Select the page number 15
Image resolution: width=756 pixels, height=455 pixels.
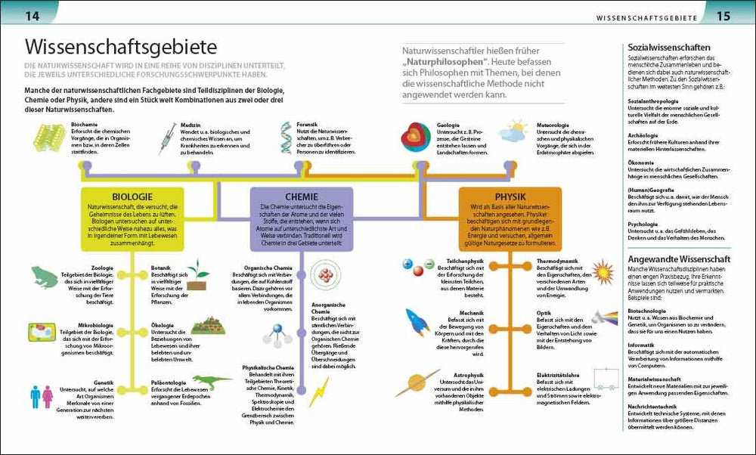click(x=723, y=14)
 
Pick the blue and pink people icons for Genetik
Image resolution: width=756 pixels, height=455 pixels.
click(x=40, y=396)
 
